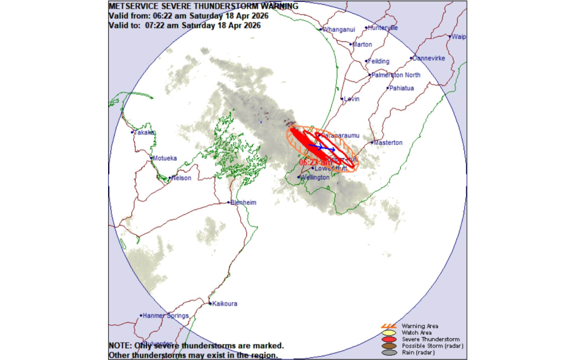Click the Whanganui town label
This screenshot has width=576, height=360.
pos(339,29)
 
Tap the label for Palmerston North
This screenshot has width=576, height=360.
pos(396,75)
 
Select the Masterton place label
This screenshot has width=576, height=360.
pos(388,143)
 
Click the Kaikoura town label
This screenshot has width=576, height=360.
pos(225,303)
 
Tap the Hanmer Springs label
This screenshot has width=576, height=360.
pos(166,316)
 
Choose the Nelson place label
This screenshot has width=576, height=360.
pos(181,178)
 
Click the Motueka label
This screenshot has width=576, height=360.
pos(165,158)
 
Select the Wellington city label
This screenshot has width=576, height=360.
pos(315,177)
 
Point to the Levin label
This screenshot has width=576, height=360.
pos(351,99)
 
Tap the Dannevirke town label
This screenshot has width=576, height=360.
pos(430,58)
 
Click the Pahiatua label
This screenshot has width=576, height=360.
pos(402,88)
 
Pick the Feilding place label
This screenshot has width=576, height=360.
pos(379,61)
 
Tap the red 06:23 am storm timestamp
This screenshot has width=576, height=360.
pos(315,162)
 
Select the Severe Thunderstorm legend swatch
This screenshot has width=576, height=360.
pos(389,340)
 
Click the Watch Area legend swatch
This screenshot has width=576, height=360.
pos(389,333)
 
